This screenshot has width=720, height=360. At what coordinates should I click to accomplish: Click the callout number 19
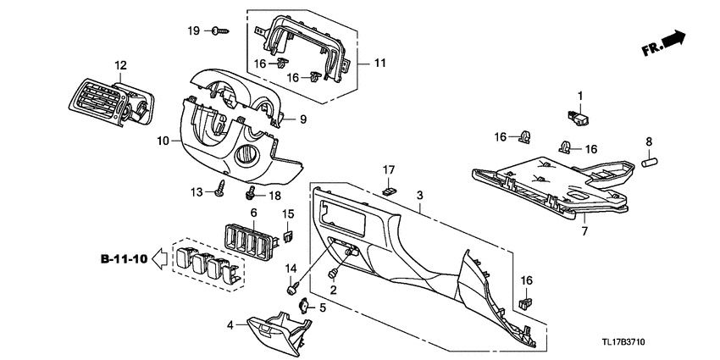(193, 30)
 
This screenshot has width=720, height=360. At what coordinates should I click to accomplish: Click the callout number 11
(379, 63)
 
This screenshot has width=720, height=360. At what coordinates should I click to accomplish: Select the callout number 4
(230, 324)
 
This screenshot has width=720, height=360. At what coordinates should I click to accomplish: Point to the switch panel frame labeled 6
(252, 241)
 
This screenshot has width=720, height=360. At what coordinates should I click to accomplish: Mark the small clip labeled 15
(288, 236)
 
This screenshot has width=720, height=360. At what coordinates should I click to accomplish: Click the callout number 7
(584, 230)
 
